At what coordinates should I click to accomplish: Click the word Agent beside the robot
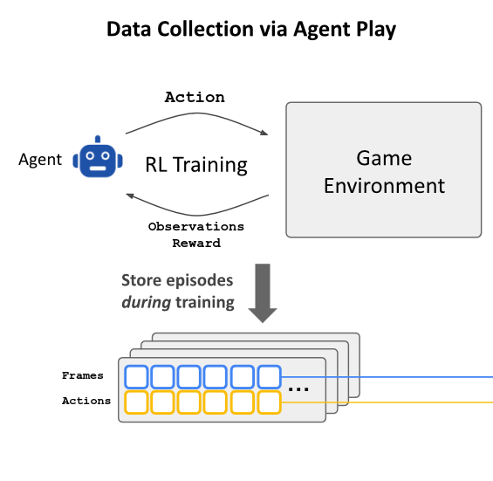pos(40,160)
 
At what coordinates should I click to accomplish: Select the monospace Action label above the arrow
pos(195,97)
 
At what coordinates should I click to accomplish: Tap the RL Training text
pos(195,164)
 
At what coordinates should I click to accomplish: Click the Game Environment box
pos(384,170)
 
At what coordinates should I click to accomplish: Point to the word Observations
pos(195,226)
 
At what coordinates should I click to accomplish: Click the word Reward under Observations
pos(195,243)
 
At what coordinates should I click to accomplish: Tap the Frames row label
pos(83,376)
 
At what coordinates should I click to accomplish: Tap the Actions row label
pos(86,402)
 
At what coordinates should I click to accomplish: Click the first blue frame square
pos(137,377)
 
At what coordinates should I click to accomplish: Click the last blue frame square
pos(269,377)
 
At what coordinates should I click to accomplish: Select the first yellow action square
pos(137,402)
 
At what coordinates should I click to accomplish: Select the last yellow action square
pos(269,402)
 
